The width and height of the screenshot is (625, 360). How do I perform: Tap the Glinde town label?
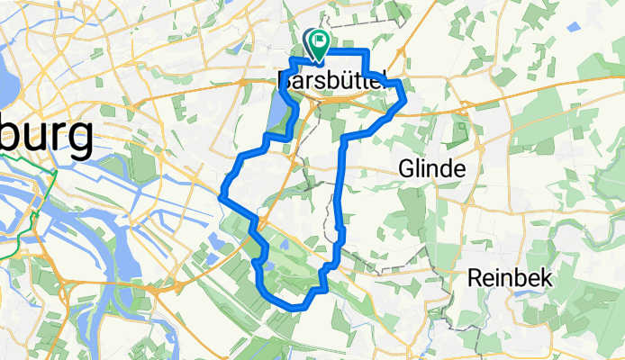(432, 169)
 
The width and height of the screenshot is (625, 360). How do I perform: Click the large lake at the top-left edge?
(7, 85)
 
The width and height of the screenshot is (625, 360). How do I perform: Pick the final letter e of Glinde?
(458, 171)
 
